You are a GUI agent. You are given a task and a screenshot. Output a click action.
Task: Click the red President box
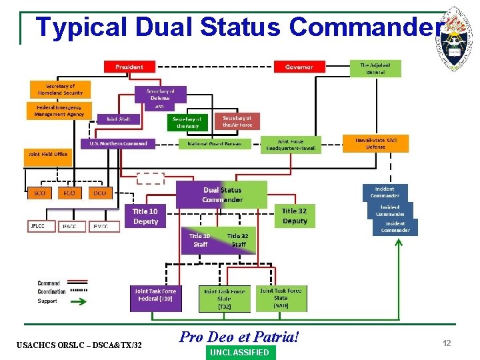[129, 67]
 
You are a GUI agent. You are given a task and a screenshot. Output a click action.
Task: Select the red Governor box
[299, 67]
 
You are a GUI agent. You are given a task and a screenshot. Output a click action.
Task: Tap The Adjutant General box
[376, 69]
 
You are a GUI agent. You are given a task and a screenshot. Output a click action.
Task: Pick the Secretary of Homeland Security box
[60, 89]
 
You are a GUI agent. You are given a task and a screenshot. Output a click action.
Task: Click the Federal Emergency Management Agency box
[59, 111]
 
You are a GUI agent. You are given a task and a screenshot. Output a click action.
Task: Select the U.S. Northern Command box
[118, 143]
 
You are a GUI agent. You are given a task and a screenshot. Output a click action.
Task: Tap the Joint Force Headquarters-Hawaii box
[291, 145]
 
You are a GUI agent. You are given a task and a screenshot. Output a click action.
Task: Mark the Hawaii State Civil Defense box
[375, 143]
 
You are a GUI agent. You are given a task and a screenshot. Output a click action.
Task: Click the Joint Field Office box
[47, 155]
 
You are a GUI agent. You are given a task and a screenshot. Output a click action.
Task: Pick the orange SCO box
[39, 193]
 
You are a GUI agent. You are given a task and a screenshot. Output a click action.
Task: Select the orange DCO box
[99, 193]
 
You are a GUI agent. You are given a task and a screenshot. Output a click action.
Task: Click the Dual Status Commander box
[222, 194]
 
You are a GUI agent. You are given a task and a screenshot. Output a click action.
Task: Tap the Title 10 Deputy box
[145, 217]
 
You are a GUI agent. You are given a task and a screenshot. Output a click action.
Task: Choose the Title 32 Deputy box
[295, 217]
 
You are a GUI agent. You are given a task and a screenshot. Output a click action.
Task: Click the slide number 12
[447, 343]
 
